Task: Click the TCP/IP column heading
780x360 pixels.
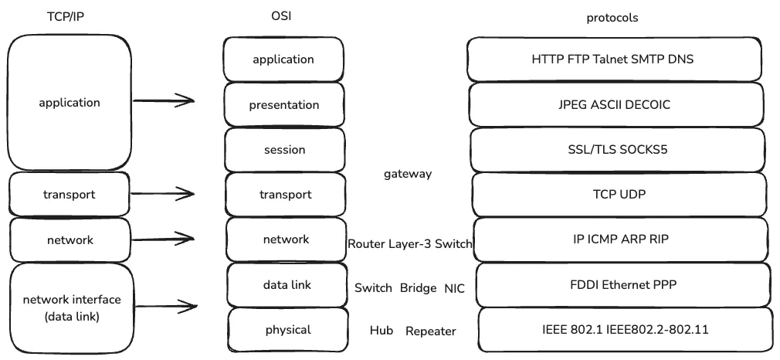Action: (x=64, y=16)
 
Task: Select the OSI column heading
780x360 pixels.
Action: (x=283, y=16)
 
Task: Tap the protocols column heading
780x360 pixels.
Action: (x=612, y=17)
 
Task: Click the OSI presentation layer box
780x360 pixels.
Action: (x=283, y=104)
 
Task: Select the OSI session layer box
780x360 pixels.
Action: (x=284, y=149)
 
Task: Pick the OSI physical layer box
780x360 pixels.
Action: (x=287, y=330)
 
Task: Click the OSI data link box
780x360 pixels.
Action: (x=287, y=285)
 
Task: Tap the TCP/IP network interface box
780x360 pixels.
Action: (x=72, y=307)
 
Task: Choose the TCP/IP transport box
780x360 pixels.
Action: (x=69, y=194)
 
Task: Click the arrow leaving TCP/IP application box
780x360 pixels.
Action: (x=164, y=100)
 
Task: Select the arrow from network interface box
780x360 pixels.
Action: (x=164, y=307)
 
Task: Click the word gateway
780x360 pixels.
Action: (x=407, y=174)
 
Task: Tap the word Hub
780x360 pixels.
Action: (x=381, y=331)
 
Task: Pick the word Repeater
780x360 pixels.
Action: (x=430, y=331)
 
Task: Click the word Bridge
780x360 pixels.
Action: (x=418, y=288)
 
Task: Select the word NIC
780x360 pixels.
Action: (x=454, y=288)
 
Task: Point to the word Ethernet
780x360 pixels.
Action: (x=619, y=285)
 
